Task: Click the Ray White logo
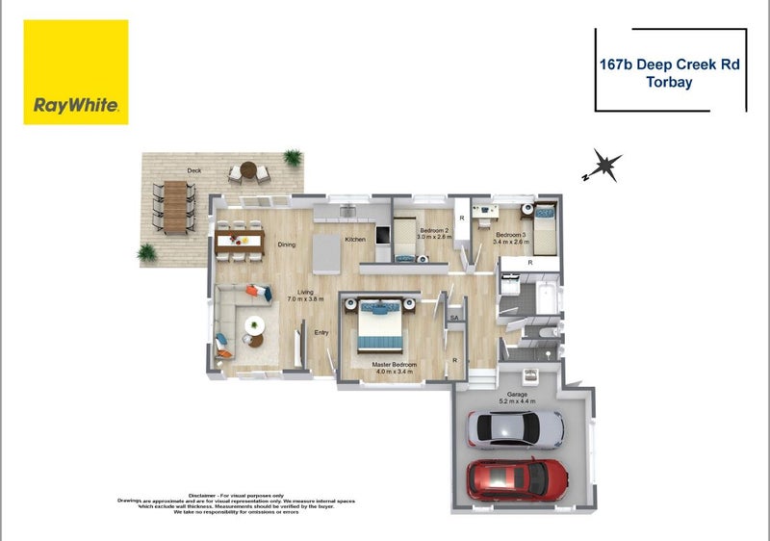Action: [x=76, y=72]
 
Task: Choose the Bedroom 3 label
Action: [x=511, y=236]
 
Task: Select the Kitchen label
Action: [x=355, y=239]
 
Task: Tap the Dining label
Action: [x=287, y=245]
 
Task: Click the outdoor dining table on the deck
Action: [x=174, y=207]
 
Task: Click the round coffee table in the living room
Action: [x=255, y=325]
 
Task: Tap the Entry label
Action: [x=321, y=333]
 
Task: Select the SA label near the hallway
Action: [x=454, y=318]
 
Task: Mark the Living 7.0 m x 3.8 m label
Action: [x=305, y=296]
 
